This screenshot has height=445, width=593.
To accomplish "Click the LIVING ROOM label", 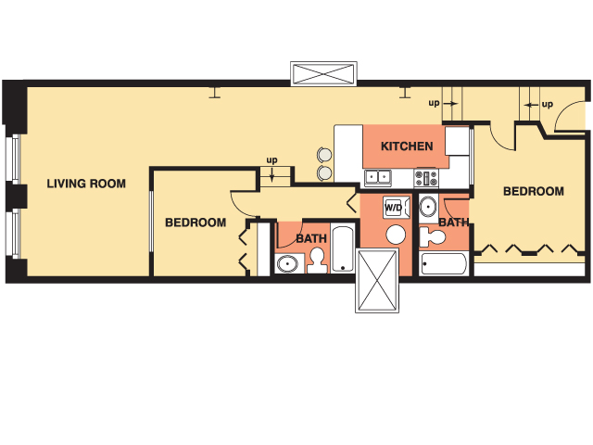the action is click(86, 184).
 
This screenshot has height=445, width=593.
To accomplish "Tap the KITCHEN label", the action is click(407, 146).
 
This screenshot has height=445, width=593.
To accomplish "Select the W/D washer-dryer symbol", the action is click(396, 208).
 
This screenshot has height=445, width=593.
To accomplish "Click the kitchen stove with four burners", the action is click(426, 178).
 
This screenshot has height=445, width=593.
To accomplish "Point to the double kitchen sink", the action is click(378, 178).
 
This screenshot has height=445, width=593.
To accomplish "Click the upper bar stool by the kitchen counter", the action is click(324, 155).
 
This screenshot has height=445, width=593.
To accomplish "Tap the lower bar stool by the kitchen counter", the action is click(324, 172).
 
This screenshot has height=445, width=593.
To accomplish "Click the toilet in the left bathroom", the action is click(317, 261).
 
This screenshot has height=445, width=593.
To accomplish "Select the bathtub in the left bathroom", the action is click(343, 248).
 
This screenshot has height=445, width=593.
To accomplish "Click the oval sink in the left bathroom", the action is click(287, 263).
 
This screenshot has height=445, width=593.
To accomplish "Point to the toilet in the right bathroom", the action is click(433, 237).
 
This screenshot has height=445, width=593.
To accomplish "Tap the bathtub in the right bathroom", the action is click(444, 263).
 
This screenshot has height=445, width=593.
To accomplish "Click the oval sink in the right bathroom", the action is click(428, 207).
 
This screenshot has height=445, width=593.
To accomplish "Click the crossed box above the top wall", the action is click(323, 74).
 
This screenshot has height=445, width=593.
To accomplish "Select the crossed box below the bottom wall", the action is click(377, 280).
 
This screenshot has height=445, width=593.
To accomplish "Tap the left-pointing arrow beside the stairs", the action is click(531, 105).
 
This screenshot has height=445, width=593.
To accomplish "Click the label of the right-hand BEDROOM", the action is click(534, 192).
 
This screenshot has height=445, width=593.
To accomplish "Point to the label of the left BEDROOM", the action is click(196, 222).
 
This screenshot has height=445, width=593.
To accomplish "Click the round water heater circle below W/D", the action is click(396, 235).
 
